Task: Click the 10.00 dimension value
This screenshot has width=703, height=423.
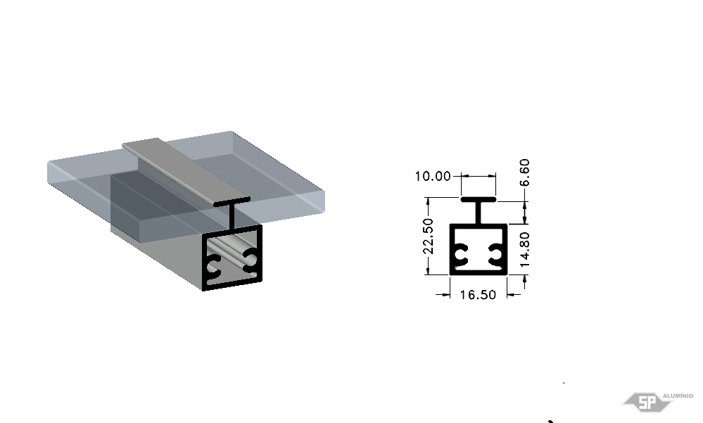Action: click(x=433, y=176)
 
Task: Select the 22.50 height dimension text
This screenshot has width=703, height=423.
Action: click(x=429, y=236)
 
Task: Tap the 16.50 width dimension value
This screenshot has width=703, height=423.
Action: click(x=478, y=295)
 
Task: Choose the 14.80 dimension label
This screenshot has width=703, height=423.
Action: click(x=524, y=249)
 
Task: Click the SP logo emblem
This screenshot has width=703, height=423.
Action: click(x=647, y=402)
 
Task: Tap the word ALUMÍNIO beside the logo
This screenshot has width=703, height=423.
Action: click(x=678, y=396)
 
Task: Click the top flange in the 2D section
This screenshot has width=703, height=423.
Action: click(x=479, y=199)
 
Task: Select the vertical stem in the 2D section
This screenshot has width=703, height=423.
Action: click(x=479, y=213)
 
